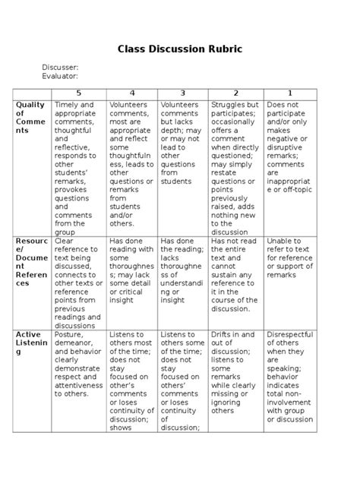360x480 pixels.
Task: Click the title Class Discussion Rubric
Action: [179, 49]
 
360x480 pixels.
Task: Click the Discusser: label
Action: [60, 68]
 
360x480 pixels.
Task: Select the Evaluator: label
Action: [61, 76]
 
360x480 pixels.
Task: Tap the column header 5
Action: [79, 93]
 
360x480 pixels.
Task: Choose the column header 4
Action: [131, 93]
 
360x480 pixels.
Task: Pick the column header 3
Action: [182, 93]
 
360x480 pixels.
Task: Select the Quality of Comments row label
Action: [30, 118]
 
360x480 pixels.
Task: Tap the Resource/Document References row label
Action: [30, 262]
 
